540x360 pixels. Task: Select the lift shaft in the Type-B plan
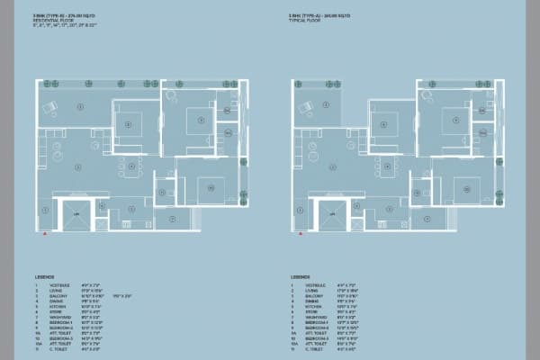tap(76, 212)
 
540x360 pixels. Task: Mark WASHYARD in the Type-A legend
tap(317, 318)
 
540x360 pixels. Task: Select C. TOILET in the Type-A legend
tap(315, 348)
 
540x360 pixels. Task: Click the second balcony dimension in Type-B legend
tap(121, 298)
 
